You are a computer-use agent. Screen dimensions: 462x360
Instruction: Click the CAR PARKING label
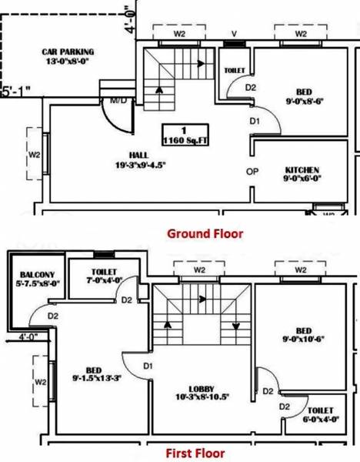(x=68, y=55)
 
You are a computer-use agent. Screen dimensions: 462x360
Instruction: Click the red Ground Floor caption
(x=205, y=233)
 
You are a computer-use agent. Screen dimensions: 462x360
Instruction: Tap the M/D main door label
(x=118, y=100)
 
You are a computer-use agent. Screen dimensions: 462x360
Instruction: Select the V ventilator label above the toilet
(x=234, y=35)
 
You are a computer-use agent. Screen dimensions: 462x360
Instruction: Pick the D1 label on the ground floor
(x=255, y=121)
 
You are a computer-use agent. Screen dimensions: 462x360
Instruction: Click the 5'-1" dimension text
(x=16, y=90)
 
